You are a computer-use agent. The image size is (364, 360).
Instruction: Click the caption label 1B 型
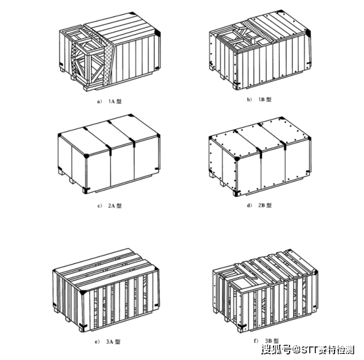point(264,98)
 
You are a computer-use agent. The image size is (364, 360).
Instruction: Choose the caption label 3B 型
point(271,340)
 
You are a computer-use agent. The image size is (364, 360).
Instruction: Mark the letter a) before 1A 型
point(92,98)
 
